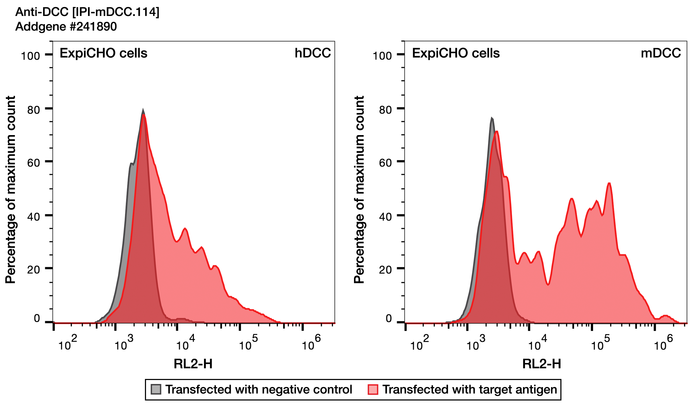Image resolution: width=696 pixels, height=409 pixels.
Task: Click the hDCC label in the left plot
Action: (312, 53)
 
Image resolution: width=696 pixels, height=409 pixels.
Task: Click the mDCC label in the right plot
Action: (660, 53)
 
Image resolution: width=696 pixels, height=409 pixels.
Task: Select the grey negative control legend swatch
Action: (156, 389)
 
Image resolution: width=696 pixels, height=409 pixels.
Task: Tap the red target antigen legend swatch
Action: (373, 389)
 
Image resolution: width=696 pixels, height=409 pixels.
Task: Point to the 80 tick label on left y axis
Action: (34, 110)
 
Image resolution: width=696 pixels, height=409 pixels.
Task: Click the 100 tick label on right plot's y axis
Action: (382, 56)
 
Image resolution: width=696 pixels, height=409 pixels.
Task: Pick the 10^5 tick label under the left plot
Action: (248, 343)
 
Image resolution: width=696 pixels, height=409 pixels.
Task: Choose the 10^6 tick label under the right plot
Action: (663, 343)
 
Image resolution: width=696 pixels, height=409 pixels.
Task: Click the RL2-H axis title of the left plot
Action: (193, 364)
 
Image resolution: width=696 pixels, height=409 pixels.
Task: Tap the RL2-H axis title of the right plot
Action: (541, 364)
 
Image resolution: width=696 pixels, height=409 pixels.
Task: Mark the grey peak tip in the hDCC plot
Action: (143, 110)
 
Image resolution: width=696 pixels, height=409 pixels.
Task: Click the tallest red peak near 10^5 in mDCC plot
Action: (609, 184)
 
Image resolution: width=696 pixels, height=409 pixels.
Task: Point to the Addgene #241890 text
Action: (66, 27)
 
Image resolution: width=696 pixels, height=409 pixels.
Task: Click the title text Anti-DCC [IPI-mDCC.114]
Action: (87, 12)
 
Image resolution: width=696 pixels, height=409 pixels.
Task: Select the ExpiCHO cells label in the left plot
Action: (103, 53)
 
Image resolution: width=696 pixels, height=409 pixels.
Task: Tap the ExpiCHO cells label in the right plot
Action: (456, 53)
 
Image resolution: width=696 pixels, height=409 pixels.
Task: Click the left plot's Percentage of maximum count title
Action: (10, 190)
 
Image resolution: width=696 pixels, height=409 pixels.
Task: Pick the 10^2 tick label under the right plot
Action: (419, 343)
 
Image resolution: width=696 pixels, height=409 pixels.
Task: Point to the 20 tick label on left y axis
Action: (34, 270)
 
